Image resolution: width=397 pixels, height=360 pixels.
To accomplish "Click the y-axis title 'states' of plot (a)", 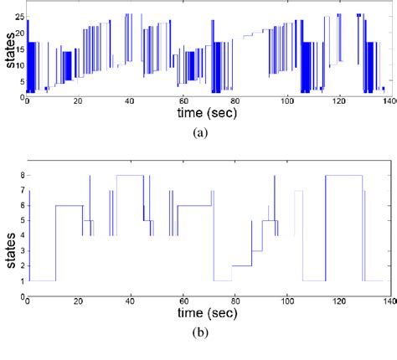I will pyautogui.click(x=8, y=53).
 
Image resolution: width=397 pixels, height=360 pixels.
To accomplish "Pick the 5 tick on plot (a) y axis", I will pyautogui.click(x=20, y=81).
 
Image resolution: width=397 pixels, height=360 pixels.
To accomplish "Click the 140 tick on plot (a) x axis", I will pyautogui.click(x=386, y=101).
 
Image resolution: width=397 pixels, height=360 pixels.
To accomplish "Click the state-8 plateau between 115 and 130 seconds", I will pyautogui.click(x=344, y=175).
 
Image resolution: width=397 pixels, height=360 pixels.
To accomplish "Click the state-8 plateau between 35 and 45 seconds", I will pyautogui.click(x=130, y=175).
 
